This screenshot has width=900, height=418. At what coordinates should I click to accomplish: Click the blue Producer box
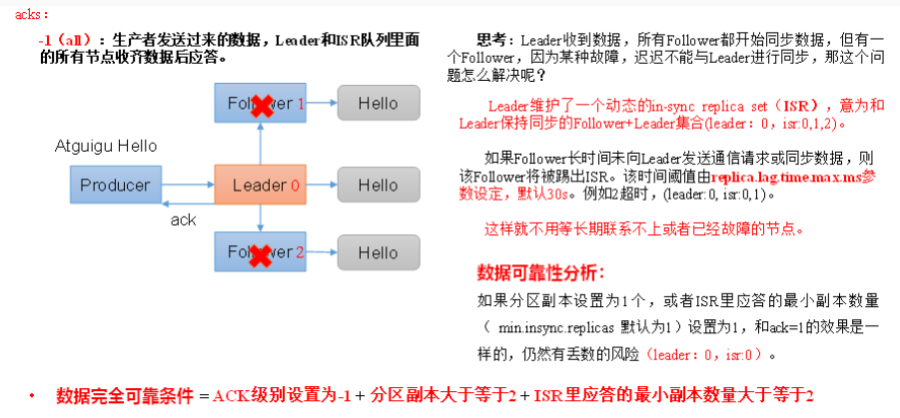point(115,186)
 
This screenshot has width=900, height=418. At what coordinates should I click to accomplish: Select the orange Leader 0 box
point(260,186)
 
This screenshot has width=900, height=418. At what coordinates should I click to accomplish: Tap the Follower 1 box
point(260,103)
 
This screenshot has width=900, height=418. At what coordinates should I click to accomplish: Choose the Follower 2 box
point(260,253)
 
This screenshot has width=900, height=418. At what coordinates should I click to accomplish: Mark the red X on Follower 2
point(262,255)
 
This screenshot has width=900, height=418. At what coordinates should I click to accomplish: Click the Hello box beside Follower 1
point(378,103)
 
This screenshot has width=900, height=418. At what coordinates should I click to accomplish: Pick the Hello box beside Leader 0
point(378,186)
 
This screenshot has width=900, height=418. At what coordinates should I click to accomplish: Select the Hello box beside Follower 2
point(378,253)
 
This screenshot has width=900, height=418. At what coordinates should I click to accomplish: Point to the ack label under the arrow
point(183,219)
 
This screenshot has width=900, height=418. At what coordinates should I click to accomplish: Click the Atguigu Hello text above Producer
point(105,147)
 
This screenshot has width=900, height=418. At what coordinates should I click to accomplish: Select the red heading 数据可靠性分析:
point(540,272)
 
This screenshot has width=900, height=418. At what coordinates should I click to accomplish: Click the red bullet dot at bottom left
point(32,395)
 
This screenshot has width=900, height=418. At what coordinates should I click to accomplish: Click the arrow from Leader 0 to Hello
point(322,186)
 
